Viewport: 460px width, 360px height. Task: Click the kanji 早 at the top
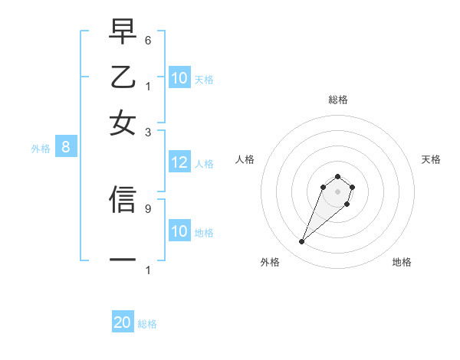point(122,31)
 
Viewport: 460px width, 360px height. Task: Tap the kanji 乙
point(122,77)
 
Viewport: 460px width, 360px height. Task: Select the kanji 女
point(122,123)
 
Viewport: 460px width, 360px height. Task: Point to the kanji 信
point(122,199)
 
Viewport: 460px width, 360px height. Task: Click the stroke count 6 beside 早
point(148,40)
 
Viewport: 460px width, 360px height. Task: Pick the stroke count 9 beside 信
point(148,208)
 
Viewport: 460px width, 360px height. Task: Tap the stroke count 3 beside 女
point(148,132)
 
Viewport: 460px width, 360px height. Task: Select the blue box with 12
point(179,162)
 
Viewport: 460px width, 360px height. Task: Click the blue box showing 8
point(66,148)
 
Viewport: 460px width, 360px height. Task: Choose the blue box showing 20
point(123,323)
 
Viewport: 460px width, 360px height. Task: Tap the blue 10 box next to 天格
point(179,78)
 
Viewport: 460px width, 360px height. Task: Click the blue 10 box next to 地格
point(179,231)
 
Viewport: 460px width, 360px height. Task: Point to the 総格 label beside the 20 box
point(147,324)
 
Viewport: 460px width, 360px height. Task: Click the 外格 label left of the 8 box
point(41,149)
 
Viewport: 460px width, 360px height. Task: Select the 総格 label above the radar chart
point(337,100)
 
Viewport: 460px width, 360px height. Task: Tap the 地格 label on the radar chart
point(402,262)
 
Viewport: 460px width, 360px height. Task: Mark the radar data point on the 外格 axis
point(302,242)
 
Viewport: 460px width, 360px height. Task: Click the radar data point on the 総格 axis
point(337,176)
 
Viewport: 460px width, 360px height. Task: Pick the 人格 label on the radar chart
point(245,159)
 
